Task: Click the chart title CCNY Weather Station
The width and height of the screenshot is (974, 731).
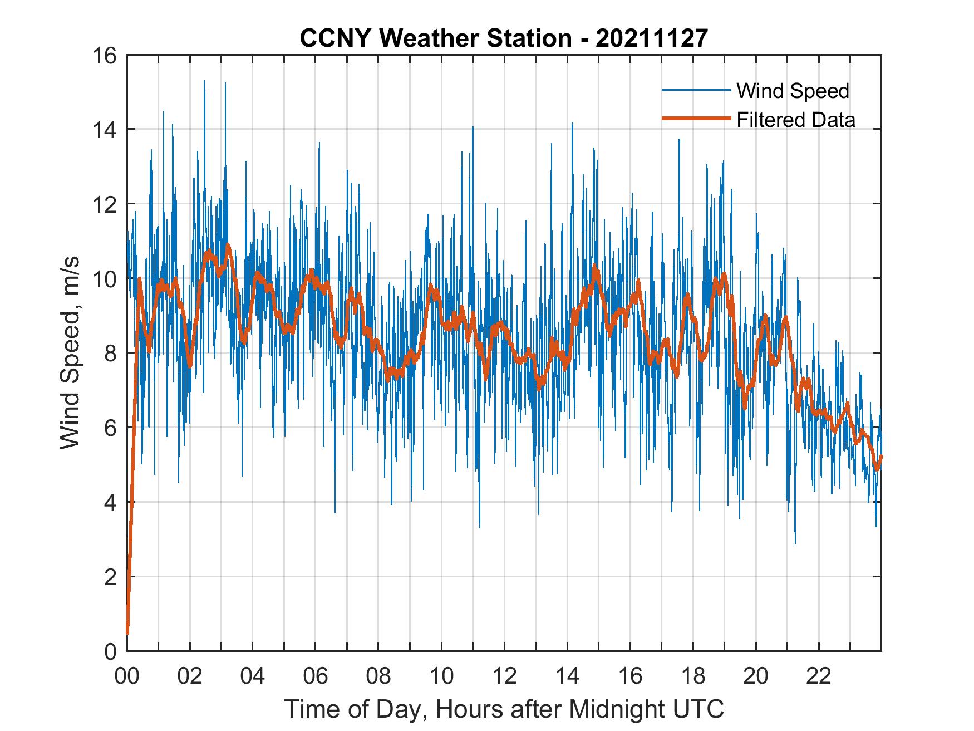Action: [435, 38]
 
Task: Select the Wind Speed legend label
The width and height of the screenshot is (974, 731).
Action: [793, 91]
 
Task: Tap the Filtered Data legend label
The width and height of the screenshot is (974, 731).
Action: [795, 120]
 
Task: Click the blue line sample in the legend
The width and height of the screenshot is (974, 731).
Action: [696, 90]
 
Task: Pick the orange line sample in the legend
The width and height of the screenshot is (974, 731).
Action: [696, 119]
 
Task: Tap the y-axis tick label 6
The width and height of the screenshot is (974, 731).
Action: [110, 428]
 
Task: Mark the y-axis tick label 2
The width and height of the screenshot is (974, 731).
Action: [110, 577]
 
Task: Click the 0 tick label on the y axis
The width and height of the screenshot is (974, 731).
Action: [110, 651]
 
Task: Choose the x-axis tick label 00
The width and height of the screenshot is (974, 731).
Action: [127, 676]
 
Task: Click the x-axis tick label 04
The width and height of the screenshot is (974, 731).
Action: [253, 676]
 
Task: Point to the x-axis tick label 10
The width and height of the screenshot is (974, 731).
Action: [441, 676]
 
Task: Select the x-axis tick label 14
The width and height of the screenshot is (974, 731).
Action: [567, 676]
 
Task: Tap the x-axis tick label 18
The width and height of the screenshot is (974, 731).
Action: [693, 676]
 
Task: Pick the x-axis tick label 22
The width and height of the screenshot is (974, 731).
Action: [819, 676]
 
